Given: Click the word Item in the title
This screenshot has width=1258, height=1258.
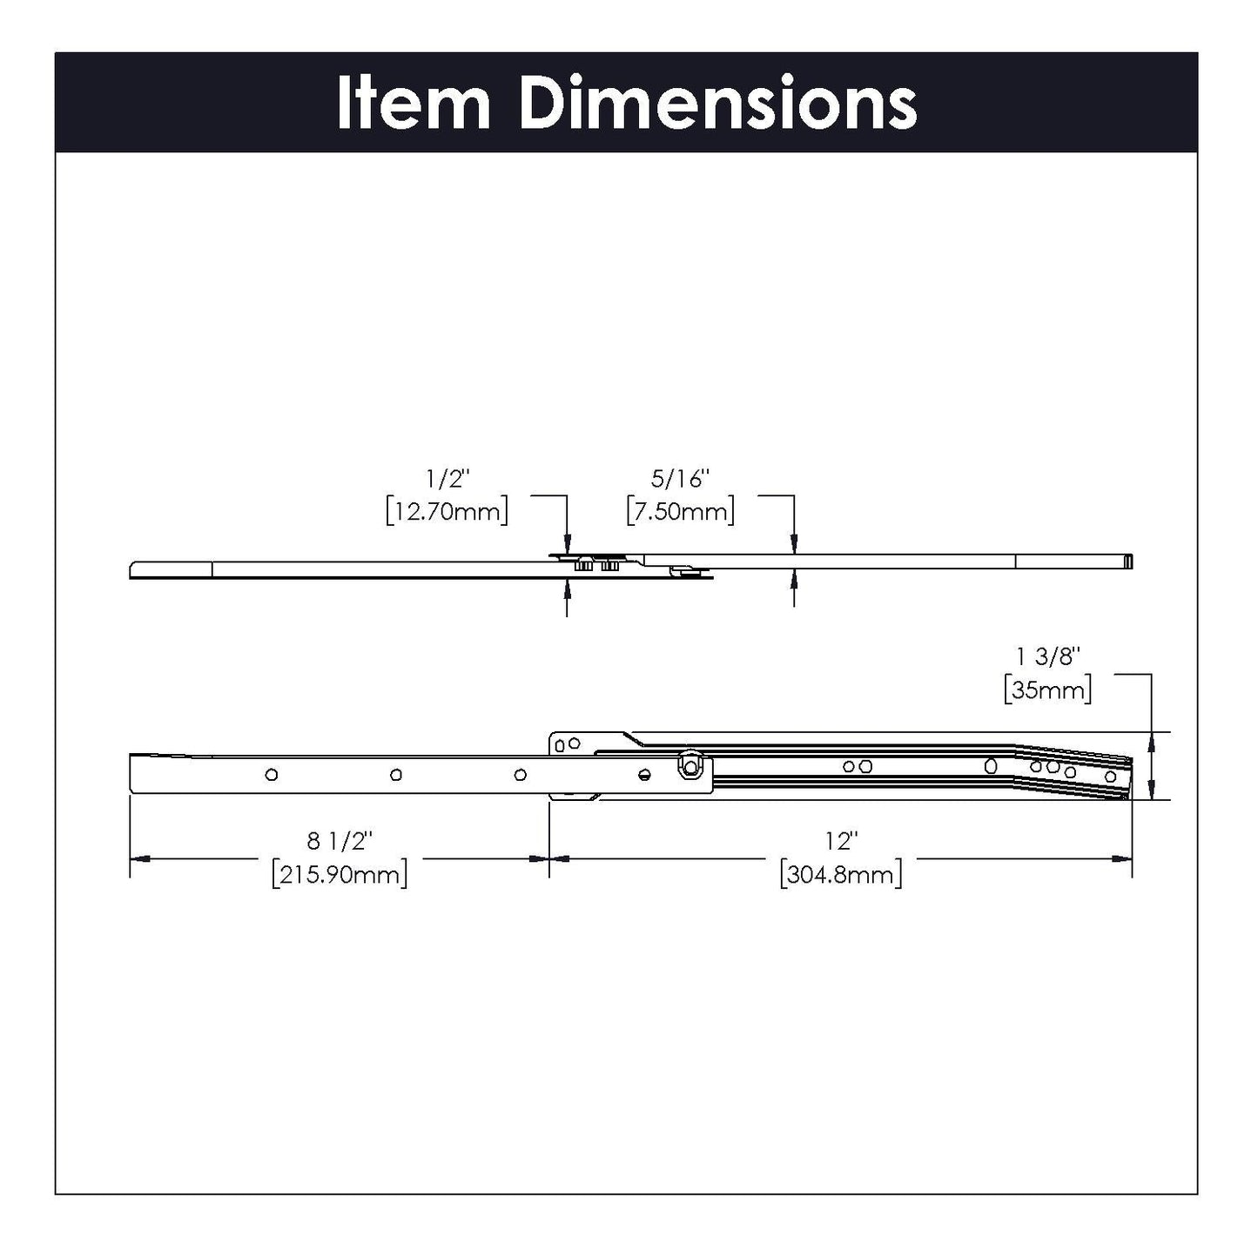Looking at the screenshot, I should click(x=414, y=103).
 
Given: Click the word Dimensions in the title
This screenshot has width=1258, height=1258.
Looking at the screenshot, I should click(x=717, y=103).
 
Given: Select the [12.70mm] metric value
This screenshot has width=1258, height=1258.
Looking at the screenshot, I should click(x=447, y=511).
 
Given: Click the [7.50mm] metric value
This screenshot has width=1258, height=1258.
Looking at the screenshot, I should click(x=681, y=511).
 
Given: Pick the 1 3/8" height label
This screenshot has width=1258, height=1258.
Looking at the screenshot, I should click(x=1047, y=657).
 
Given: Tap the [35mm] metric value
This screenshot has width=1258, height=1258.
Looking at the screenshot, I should click(x=1047, y=690).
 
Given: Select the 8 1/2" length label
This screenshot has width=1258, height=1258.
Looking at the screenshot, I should click(x=340, y=841).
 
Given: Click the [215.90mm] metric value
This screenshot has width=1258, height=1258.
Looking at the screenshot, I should click(x=340, y=874).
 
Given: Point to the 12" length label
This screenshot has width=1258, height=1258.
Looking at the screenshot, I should click(x=841, y=841).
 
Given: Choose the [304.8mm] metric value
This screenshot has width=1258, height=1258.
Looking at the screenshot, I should click(x=841, y=874).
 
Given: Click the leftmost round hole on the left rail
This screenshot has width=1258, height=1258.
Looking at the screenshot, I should click(x=272, y=774).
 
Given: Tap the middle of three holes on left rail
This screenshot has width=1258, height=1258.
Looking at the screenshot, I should click(x=396, y=774).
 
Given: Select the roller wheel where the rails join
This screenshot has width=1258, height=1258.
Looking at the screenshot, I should click(x=690, y=764).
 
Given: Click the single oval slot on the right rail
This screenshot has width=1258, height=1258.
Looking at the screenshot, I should click(x=990, y=765).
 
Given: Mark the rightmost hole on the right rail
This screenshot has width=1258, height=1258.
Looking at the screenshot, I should click(x=1110, y=776).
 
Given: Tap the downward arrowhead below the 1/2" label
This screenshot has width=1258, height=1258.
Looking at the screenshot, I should click(x=568, y=544).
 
